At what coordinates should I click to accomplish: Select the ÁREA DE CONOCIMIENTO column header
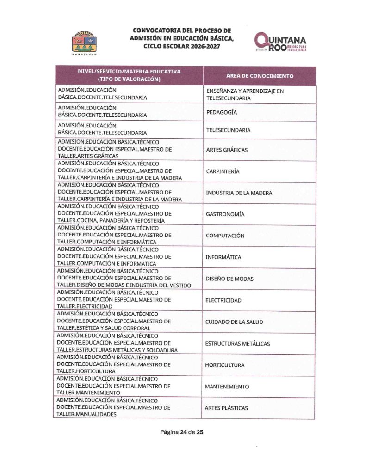260,76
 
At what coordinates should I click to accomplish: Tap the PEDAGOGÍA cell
222,112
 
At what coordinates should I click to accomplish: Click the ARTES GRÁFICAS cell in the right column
227,150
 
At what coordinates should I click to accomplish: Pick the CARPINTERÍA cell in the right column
223,171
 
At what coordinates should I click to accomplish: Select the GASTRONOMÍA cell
225,214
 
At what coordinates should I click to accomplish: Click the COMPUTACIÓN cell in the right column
225,236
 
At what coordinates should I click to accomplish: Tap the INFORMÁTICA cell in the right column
223,257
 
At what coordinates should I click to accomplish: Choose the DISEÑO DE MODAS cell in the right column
230,279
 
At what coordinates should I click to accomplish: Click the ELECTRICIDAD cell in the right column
223,300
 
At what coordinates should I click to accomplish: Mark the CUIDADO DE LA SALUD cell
233,322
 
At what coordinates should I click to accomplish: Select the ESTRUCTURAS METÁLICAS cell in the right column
237,344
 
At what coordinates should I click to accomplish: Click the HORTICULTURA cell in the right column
224,365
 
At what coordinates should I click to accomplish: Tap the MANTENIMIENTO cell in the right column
227,387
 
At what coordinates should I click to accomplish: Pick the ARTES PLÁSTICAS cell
226,408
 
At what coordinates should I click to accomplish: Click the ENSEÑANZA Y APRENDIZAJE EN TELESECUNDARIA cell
245,95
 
